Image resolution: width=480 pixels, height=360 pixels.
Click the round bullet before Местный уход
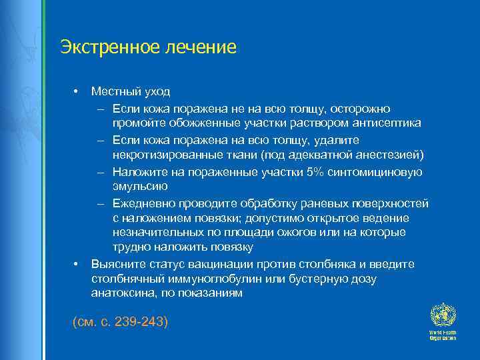click(x=77, y=91)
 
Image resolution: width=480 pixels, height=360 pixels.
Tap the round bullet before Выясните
click(x=77, y=264)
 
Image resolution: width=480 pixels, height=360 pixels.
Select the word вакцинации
click(x=220, y=264)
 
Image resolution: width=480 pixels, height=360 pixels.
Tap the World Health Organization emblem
click(x=441, y=315)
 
